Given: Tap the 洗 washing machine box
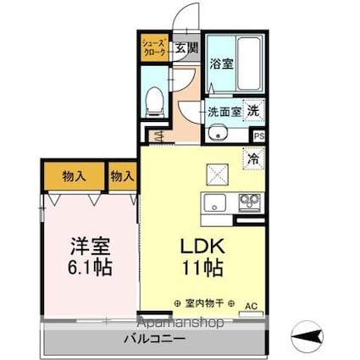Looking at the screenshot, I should [x=255, y=110].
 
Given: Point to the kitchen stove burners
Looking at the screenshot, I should [x=251, y=203].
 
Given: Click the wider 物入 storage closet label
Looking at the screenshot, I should [x=75, y=176].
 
